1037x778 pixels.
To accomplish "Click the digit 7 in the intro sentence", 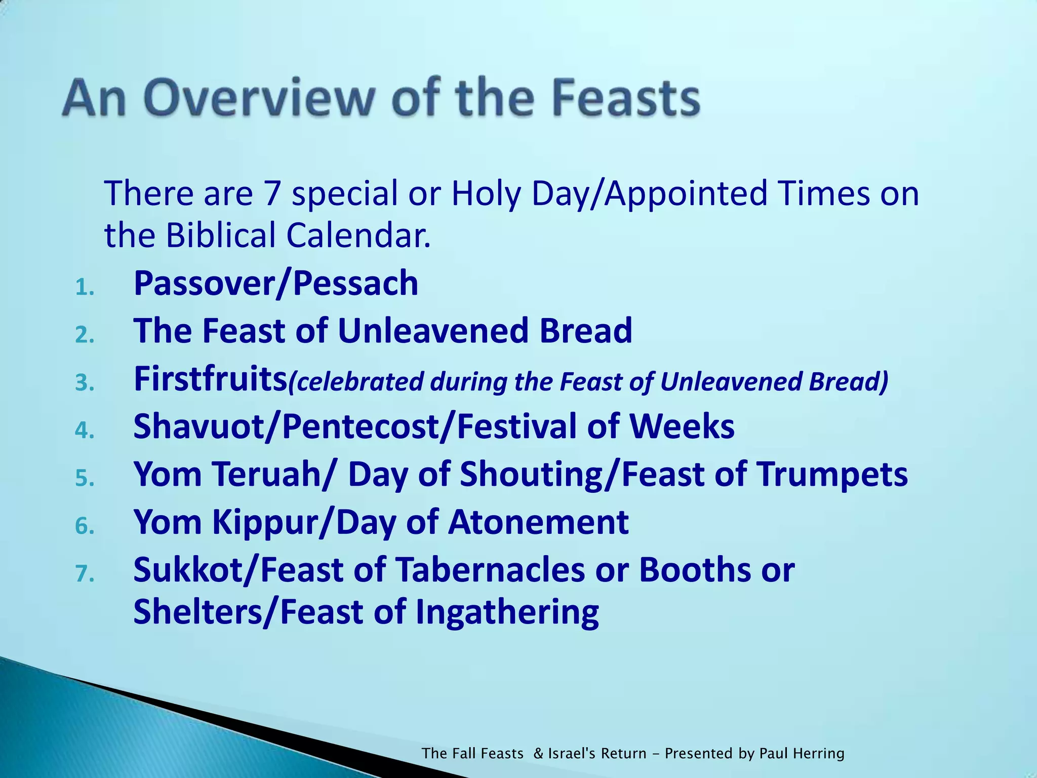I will coord(272,193).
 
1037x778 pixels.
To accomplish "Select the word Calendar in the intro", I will coord(358,236).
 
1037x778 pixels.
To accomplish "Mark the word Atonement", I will coord(538,522).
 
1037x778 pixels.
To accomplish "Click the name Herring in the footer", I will coord(819,754).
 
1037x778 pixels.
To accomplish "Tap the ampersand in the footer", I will coord(538,754).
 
